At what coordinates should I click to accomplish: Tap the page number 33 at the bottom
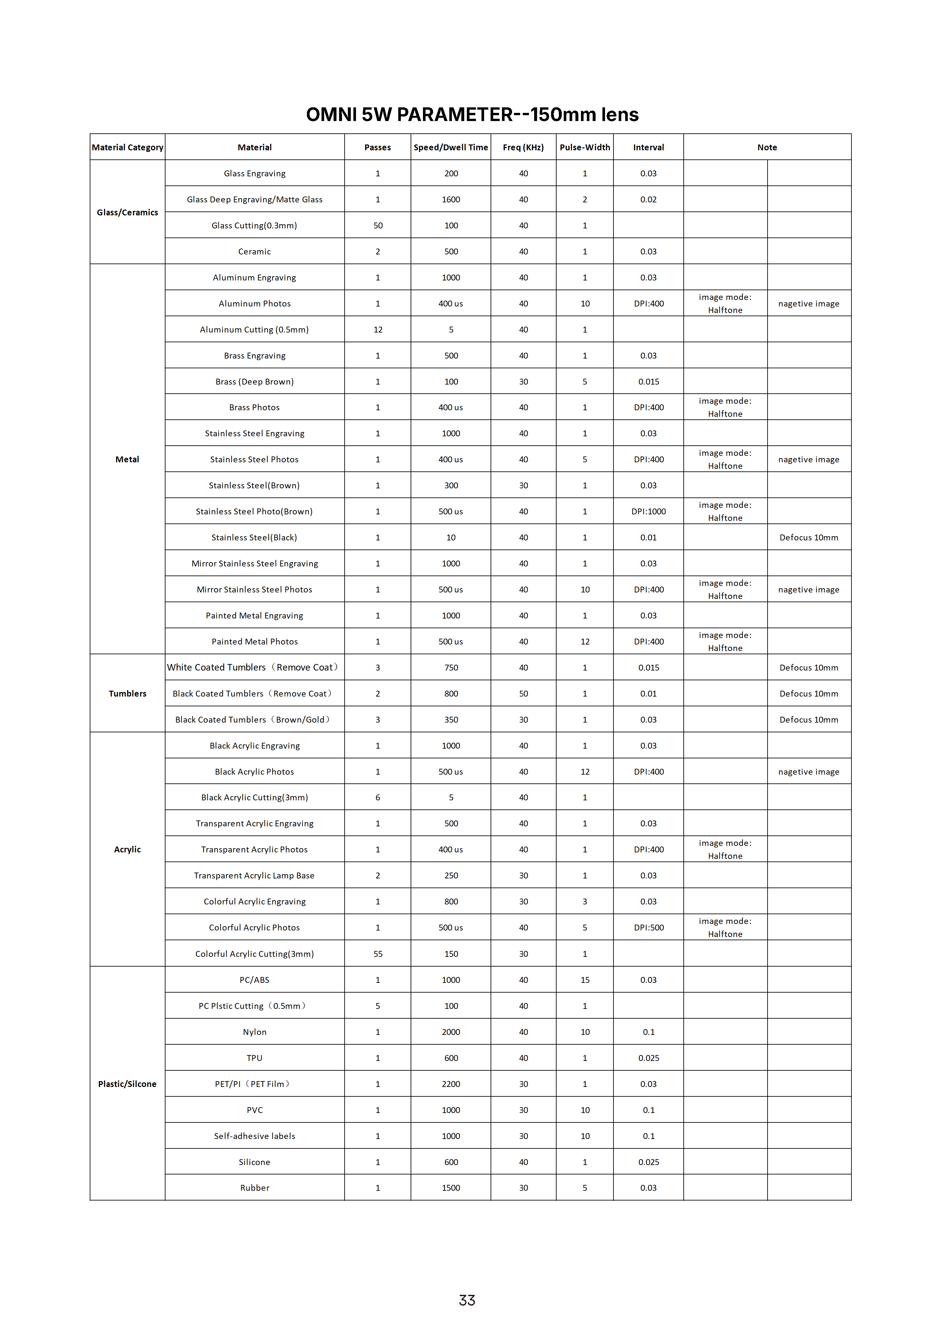[x=467, y=1300]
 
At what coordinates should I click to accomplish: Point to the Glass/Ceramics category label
[x=127, y=212]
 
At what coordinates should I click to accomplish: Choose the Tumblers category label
[x=127, y=693]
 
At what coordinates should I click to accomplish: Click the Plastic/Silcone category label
[x=127, y=1084]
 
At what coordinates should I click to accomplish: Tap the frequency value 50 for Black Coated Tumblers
[x=523, y=693]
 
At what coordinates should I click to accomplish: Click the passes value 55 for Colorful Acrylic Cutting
[x=378, y=954]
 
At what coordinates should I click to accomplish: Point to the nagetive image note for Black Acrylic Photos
[x=808, y=772]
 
